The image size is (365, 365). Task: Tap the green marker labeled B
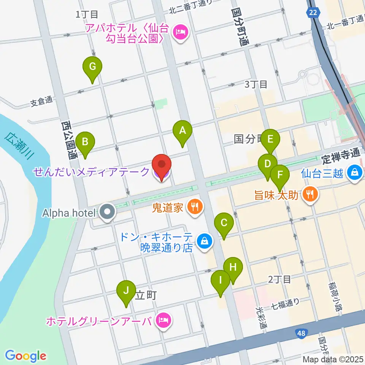coord(86,142)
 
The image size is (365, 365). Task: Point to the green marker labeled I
coord(221,281)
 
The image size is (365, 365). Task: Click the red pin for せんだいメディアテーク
coord(162,165)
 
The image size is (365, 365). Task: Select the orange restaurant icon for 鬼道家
coord(195,207)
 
